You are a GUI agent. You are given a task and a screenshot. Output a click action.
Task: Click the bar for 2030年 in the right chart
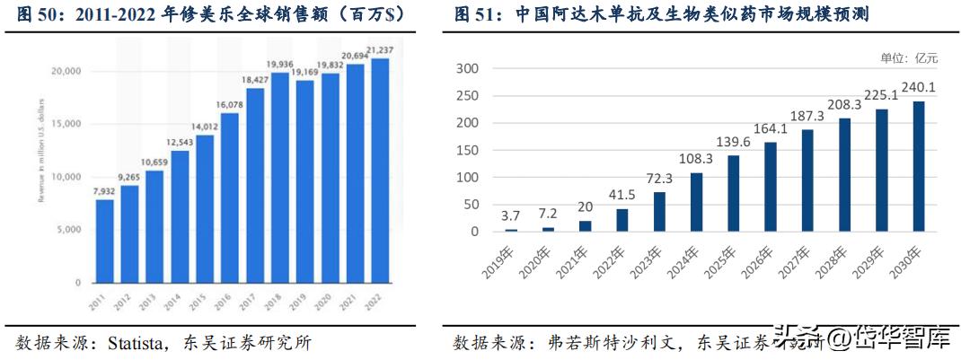[x=919, y=166]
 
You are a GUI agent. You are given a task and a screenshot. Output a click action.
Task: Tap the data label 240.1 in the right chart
[x=919, y=89]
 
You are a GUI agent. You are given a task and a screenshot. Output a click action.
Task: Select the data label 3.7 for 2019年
[x=511, y=215]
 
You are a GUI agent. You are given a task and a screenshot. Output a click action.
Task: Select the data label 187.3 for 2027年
[x=807, y=118]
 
